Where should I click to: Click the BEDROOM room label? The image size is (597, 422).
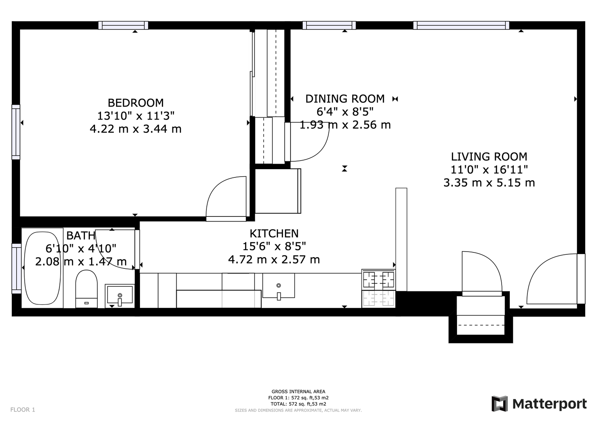tap(136, 103)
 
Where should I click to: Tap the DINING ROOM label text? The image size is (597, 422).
tap(345, 99)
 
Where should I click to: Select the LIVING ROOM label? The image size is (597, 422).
tap(489, 157)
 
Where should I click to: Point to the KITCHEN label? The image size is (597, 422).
tap(274, 234)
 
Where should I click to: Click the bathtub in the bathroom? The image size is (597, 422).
tap(42, 268)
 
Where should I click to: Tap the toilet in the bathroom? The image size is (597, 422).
tap(86, 289)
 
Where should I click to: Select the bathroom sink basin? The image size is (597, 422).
tap(120, 295)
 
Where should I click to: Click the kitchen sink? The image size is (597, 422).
tap(278, 286)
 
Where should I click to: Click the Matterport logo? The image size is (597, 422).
tap(539, 404)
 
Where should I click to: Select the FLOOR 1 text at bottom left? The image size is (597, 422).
tap(23, 410)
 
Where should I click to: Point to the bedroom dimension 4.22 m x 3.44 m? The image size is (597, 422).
tap(136, 129)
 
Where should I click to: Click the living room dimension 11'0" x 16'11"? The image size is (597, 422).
tap(489, 170)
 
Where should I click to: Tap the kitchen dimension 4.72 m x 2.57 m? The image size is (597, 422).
tap(274, 259)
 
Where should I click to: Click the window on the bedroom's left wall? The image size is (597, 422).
tap(16, 132)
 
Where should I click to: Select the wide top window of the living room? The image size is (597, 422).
tap(461, 25)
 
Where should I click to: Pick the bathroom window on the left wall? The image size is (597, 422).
tap(16, 268)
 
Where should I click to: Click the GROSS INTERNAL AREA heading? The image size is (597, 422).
tap(298, 392)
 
